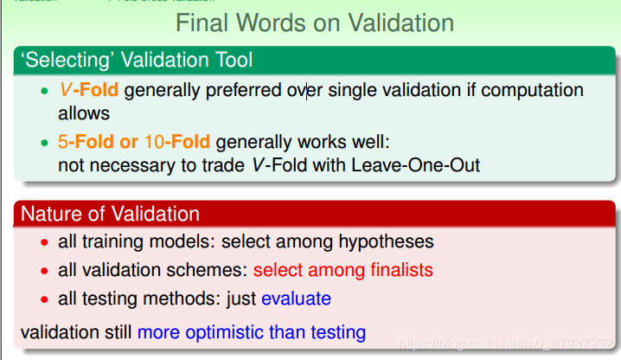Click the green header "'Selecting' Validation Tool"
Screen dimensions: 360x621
(137, 61)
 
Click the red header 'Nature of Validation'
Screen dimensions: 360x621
(110, 214)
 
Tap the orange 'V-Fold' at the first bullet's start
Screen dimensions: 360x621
(88, 90)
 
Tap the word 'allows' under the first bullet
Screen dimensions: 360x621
(84, 112)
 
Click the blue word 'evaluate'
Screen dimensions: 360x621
(296, 299)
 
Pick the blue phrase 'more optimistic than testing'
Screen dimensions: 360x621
(251, 331)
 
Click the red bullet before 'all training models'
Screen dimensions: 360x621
(46, 243)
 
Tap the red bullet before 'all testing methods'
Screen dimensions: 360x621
(46, 299)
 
